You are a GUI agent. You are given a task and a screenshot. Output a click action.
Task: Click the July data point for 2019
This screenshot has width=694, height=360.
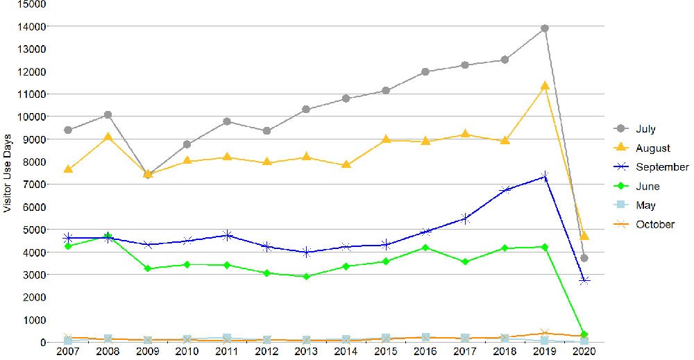click(545, 28)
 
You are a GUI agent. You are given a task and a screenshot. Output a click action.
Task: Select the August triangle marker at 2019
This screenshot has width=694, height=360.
click(545, 86)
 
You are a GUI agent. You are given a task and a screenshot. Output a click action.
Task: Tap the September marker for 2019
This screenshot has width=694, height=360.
click(545, 177)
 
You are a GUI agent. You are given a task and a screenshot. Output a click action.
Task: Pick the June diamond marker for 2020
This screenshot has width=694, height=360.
click(584, 334)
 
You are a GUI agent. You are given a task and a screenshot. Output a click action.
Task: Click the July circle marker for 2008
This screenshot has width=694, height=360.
click(108, 114)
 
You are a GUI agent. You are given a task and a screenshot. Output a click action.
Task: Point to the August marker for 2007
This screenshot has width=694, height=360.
click(68, 169)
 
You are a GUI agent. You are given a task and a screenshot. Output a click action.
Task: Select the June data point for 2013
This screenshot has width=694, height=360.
click(307, 277)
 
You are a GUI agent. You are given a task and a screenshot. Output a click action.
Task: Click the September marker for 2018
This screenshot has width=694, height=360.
click(505, 190)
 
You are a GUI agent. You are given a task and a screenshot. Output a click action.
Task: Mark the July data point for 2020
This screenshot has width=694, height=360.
click(584, 258)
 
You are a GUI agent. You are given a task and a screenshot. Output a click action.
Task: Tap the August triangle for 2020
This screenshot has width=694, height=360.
click(584, 236)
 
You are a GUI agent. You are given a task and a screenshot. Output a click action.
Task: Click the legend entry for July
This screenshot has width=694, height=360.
click(645, 129)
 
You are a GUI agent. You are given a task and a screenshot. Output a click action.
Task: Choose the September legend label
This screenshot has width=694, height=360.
click(661, 167)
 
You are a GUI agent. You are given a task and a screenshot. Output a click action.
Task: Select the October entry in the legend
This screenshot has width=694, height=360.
click(654, 224)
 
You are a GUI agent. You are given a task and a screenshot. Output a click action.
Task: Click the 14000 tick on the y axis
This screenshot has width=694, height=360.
click(33, 26)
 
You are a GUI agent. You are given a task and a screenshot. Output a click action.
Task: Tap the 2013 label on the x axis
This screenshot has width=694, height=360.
click(307, 352)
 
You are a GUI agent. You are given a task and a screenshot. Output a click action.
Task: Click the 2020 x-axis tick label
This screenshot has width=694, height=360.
click(584, 352)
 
